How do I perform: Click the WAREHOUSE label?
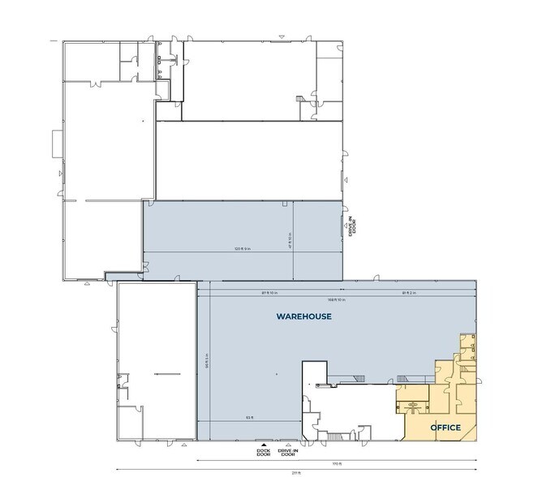click(304, 316)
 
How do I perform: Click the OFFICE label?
click(445, 428)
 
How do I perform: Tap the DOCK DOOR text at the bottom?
click(262, 453)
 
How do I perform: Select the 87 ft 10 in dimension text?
click(270, 292)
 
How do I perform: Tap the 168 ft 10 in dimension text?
click(338, 299)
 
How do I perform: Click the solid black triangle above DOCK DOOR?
click(262, 445)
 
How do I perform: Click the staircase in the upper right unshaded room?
click(302, 100)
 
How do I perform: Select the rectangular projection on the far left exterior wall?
click(55, 144)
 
